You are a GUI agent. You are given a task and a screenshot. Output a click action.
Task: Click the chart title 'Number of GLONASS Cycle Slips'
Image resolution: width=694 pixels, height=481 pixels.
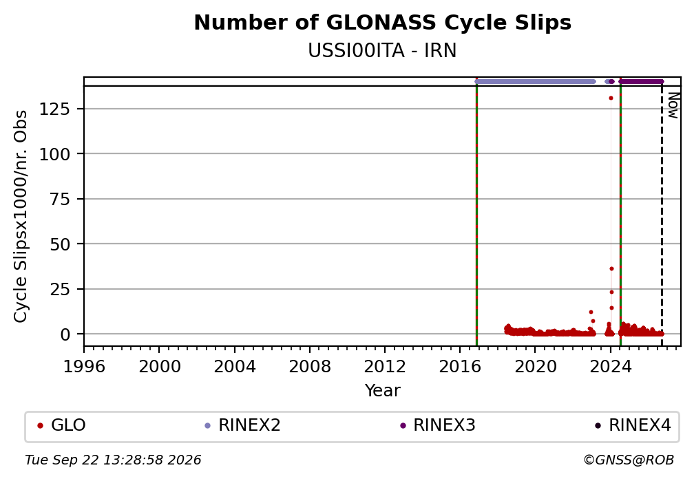coord(382,23)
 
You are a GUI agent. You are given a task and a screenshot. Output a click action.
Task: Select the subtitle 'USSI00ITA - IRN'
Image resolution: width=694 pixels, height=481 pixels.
coord(382,51)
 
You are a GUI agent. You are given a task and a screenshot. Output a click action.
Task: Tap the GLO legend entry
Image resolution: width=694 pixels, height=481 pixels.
coord(61,425)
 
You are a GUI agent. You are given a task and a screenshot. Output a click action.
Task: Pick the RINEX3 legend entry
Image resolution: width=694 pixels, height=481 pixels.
coord(438,425)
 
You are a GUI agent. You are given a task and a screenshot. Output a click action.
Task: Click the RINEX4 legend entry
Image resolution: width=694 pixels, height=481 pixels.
coord(633,425)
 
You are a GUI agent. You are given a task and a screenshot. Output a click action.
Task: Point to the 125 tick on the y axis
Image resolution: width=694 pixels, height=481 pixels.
coord(54,109)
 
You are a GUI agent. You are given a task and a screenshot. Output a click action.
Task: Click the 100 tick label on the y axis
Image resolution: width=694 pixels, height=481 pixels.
coord(54,154)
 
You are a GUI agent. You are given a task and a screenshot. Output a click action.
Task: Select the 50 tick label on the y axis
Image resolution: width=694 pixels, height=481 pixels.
coord(60,244)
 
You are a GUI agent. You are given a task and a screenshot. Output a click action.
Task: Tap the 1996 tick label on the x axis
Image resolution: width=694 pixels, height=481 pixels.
coord(84,366)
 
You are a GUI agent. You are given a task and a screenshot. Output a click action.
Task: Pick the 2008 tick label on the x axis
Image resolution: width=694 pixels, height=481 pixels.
coord(309,366)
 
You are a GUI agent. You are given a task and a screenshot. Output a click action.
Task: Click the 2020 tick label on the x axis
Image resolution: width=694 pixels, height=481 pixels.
coord(535,366)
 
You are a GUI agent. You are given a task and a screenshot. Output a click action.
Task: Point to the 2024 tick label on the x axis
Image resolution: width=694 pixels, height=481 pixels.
coord(610,366)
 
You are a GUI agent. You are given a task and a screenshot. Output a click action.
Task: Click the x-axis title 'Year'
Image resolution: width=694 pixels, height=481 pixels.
coord(382,391)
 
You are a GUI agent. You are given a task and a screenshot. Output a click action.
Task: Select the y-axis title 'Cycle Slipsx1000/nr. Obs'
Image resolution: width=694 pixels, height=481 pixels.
coord(21,216)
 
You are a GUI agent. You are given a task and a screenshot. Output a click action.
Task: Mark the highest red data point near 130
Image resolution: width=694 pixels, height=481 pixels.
coord(611,98)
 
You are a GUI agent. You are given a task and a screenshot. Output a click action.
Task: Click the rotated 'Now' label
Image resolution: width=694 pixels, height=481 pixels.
coord(673,105)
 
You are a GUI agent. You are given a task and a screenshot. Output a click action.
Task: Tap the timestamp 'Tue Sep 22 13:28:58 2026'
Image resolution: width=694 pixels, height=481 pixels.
coord(113,460)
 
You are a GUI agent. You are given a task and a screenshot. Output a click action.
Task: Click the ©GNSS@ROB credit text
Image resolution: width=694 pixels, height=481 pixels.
coord(629,460)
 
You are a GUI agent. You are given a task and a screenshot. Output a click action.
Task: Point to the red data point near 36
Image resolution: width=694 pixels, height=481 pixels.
coord(611,268)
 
